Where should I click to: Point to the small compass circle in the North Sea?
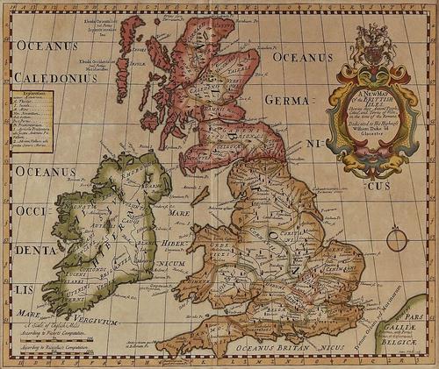pyautogui.click(x=397, y=238)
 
